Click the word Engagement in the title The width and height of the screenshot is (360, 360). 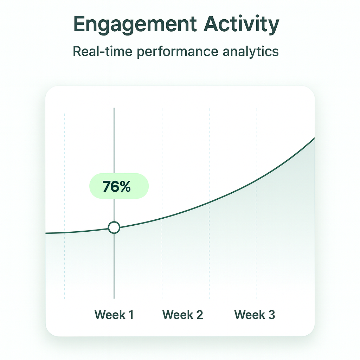click(135, 25)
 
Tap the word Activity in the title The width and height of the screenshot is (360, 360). click(241, 25)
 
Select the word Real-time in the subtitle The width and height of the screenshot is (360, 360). click(102, 51)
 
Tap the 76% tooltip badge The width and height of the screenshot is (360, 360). click(119, 186)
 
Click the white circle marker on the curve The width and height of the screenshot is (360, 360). click(114, 227)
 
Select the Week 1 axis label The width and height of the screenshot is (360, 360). click(114, 315)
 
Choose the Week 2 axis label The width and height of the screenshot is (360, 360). click(183, 315)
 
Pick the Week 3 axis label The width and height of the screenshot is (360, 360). click(255, 315)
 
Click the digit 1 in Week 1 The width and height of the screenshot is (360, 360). click(131, 315)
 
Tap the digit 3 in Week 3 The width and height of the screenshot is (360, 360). click(272, 315)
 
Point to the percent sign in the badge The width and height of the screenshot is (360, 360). click(125, 186)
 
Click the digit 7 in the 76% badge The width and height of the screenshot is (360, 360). click(107, 186)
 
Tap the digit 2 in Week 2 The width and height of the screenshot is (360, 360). click(200, 315)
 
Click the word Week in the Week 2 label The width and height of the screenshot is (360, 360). click(178, 315)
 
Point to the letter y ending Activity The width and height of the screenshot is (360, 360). click(274, 27)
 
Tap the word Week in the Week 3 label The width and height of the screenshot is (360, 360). click(250, 315)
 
